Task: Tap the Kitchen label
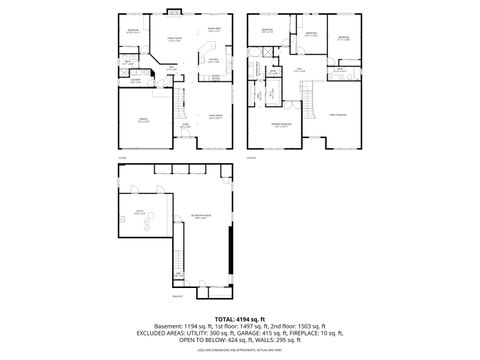[213, 59]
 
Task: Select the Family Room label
[174, 40]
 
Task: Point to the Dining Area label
[214, 29]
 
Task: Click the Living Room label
[214, 117]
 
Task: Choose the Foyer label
[185, 127]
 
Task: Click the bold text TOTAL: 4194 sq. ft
[239, 318]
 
